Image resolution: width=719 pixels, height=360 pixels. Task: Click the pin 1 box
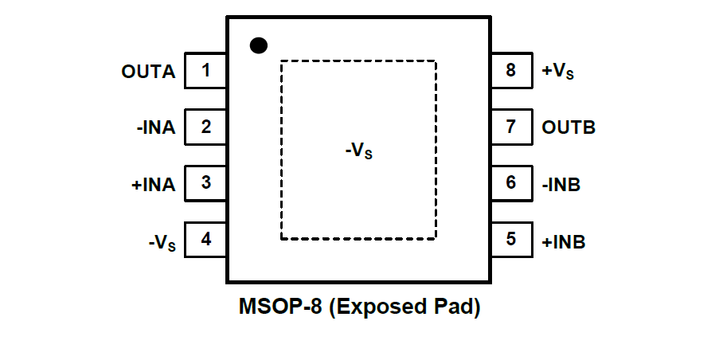(x=205, y=71)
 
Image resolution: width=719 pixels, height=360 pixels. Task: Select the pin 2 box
(x=205, y=127)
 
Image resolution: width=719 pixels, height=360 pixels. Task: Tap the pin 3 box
(x=205, y=183)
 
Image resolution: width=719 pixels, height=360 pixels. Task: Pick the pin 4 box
(x=205, y=240)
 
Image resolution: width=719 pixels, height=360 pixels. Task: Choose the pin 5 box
(x=510, y=240)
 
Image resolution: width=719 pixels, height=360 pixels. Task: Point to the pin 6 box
(x=510, y=183)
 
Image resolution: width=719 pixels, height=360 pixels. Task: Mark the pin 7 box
(x=510, y=127)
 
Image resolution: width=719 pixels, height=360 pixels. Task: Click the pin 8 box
(x=510, y=71)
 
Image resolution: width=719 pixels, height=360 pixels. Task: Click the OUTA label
(x=148, y=72)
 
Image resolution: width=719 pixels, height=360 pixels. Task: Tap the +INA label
(x=153, y=184)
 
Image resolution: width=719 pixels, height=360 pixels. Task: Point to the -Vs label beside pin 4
(x=162, y=242)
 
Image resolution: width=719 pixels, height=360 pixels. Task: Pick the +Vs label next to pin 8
(x=558, y=72)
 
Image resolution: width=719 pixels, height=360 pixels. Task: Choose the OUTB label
(x=569, y=127)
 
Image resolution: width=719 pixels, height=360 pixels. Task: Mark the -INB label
(x=561, y=184)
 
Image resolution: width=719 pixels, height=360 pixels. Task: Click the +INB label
(x=564, y=241)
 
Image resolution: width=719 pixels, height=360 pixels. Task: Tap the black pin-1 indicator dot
(x=258, y=45)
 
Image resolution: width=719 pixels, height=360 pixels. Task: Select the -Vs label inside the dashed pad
(x=358, y=150)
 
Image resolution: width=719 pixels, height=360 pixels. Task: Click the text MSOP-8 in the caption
(x=281, y=307)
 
